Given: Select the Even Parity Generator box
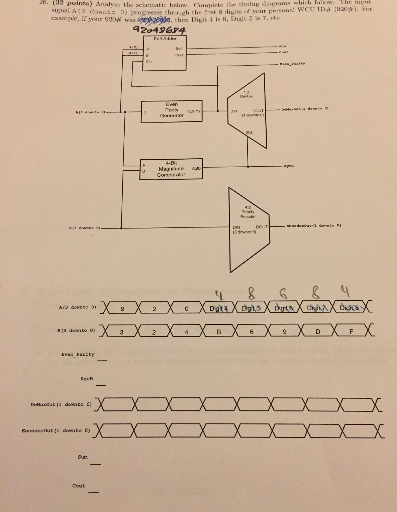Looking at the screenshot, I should (x=172, y=110).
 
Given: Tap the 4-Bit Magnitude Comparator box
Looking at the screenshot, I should (x=172, y=168).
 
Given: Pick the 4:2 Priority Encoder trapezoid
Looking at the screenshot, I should (x=248, y=227).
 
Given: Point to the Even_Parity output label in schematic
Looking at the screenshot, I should (x=293, y=64).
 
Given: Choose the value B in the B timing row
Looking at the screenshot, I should (x=218, y=331).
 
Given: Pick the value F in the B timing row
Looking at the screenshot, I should (x=350, y=331).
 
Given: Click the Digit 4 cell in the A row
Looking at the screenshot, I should (x=219, y=308).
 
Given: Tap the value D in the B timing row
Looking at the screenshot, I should (x=317, y=331).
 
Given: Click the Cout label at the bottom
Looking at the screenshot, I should (x=79, y=485).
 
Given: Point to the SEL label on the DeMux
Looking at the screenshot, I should (x=248, y=132).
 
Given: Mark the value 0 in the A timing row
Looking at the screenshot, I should (x=186, y=308).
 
